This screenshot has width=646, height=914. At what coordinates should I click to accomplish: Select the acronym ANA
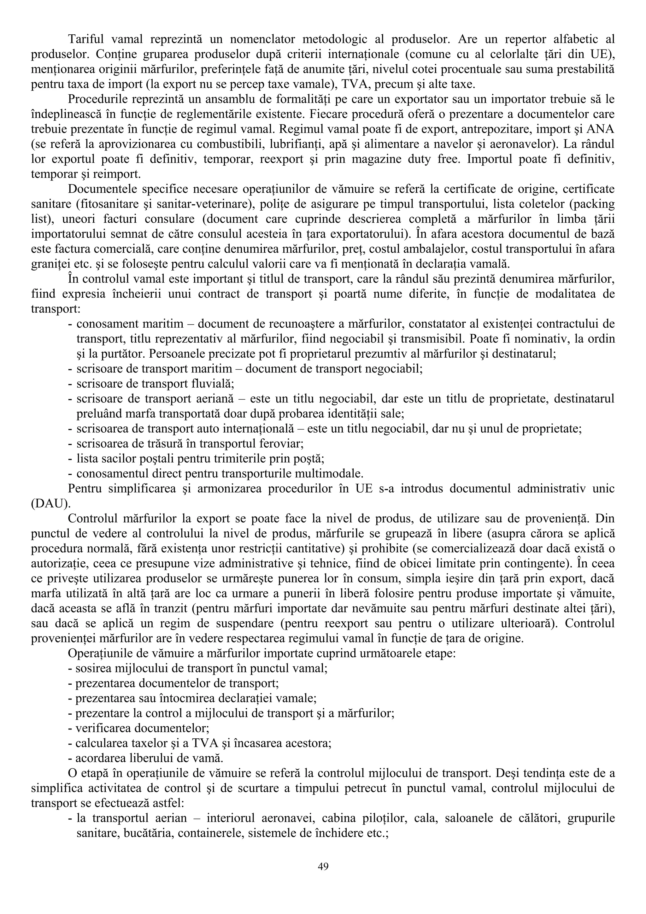pyautogui.click(x=602, y=130)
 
